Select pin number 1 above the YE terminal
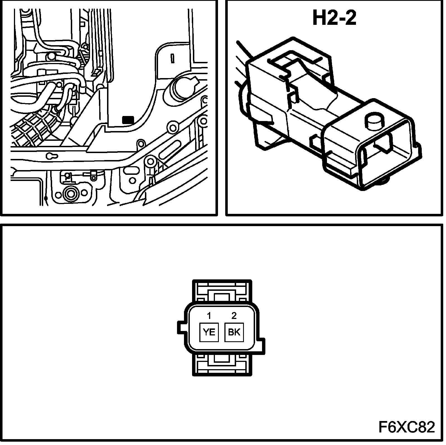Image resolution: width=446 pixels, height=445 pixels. [209, 316]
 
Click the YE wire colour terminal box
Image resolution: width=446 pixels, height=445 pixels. [209, 332]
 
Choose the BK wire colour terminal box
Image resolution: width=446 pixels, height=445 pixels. [234, 332]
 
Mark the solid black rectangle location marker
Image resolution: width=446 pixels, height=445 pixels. [128, 120]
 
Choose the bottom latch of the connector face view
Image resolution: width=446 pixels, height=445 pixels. [222, 362]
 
